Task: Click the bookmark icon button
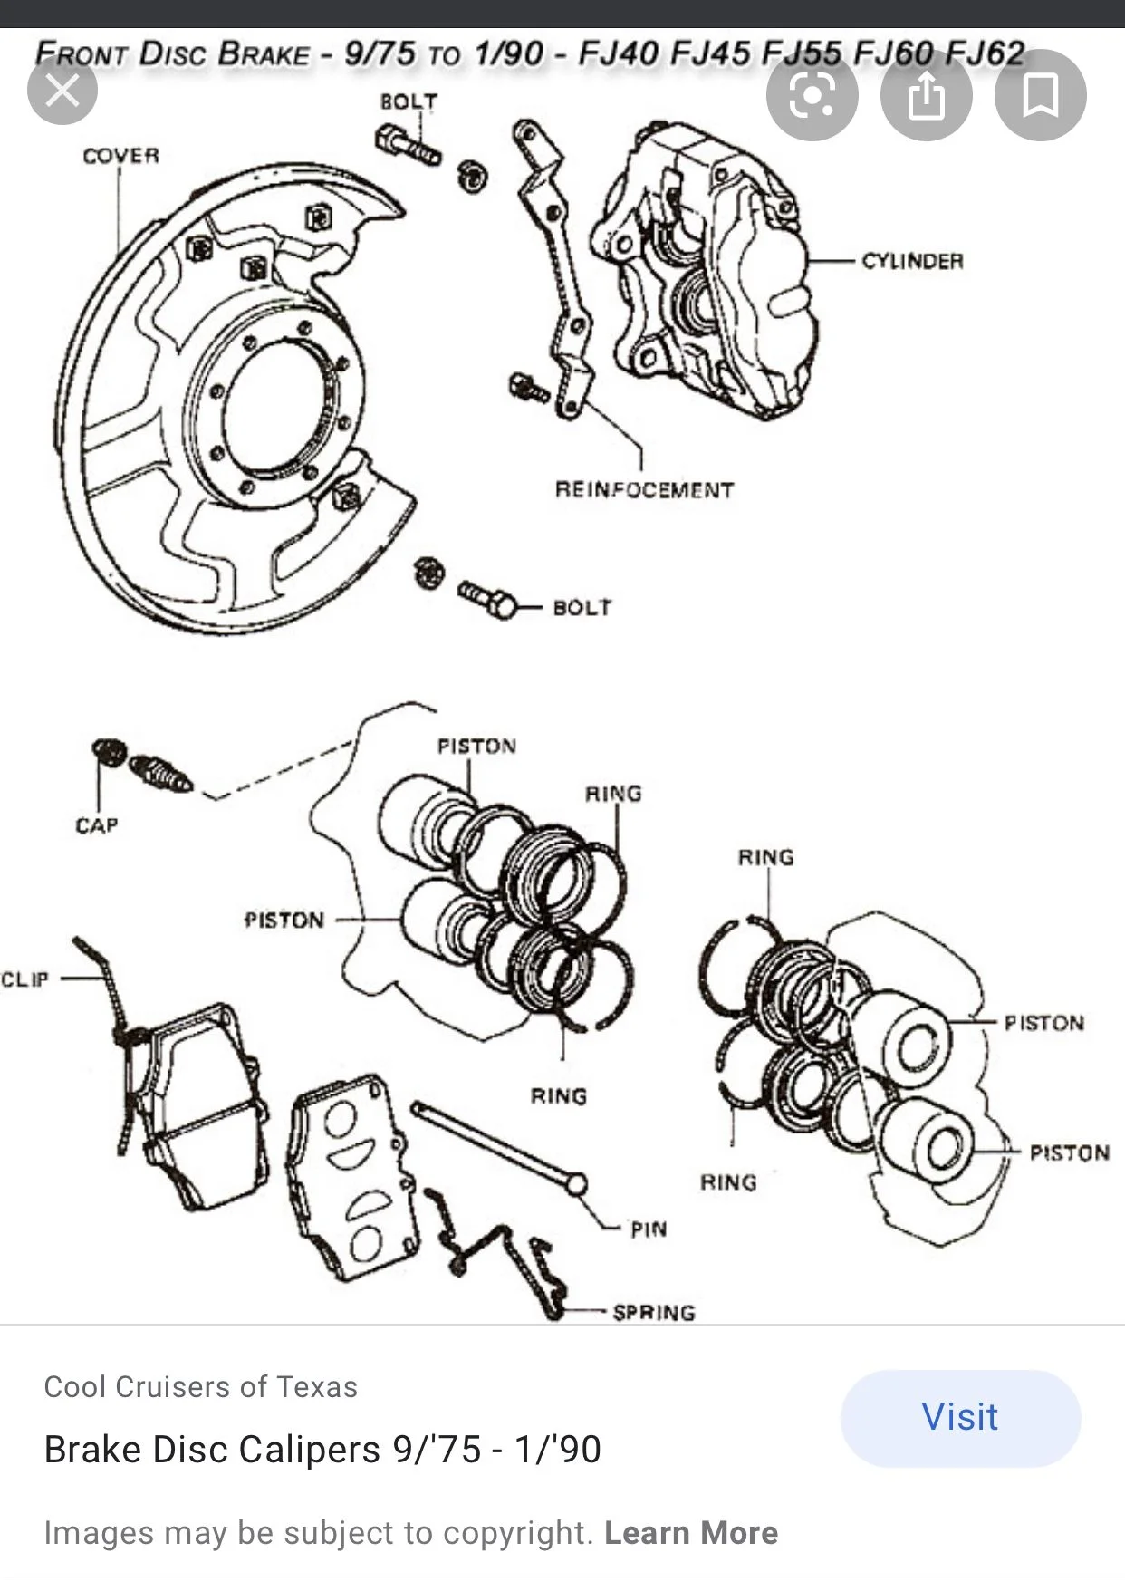[x=1040, y=95]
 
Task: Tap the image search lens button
[x=812, y=95]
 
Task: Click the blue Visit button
[x=960, y=1418]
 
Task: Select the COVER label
[x=120, y=156]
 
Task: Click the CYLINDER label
[x=912, y=261]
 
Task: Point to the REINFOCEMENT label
[x=644, y=490]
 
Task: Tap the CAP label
[x=97, y=825]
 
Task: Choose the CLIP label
[x=24, y=979]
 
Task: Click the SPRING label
[x=654, y=1312]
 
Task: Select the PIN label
[x=649, y=1229]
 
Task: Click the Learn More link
[x=691, y=1532]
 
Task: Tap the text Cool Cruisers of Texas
[x=200, y=1386]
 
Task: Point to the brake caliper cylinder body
[x=707, y=272]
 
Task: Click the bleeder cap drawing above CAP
[x=108, y=752]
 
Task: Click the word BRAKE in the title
[x=264, y=53]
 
